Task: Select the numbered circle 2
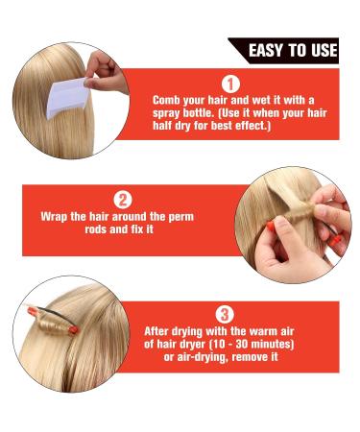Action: tap(123, 201)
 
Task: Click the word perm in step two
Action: tap(181, 217)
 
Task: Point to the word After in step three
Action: tap(161, 328)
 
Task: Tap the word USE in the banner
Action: tap(324, 50)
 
